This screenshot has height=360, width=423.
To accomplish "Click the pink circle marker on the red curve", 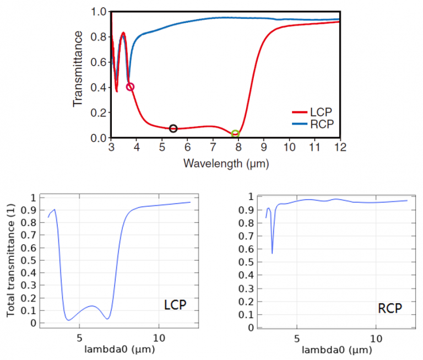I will (130, 87).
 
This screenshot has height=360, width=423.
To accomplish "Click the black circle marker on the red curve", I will (173, 128).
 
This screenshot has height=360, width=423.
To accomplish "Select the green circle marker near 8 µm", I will (235, 134).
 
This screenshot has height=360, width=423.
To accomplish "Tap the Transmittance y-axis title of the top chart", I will (78, 68).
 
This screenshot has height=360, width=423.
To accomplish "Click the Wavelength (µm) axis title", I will (226, 163).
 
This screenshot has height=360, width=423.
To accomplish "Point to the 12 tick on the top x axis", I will (340, 148).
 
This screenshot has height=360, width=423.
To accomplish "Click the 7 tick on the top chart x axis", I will (213, 148).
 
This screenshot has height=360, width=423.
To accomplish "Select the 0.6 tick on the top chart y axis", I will (99, 62).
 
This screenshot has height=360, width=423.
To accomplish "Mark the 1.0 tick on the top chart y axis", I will (99, 12).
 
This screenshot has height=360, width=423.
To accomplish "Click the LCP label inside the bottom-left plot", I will (175, 304).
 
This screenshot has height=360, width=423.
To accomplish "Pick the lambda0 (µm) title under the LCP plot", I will (119, 350).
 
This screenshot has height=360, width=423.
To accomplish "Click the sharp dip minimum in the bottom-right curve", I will (272, 253).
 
